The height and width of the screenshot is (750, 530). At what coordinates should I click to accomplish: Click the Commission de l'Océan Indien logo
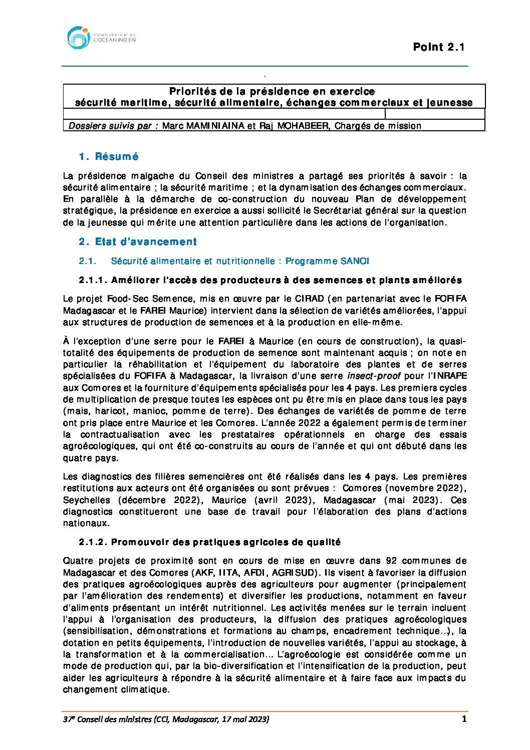(101, 38)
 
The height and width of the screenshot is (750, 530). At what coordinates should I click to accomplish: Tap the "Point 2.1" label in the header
(439, 47)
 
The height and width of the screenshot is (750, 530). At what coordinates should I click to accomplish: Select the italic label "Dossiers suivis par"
(113, 126)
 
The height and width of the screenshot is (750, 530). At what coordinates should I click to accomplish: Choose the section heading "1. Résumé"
(109, 157)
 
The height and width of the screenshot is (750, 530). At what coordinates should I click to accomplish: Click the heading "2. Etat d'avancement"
(138, 242)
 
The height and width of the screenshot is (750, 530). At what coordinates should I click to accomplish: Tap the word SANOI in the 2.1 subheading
(355, 261)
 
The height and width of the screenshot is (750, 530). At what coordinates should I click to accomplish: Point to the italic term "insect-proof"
(374, 376)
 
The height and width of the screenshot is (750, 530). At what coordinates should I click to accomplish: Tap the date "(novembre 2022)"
(426, 488)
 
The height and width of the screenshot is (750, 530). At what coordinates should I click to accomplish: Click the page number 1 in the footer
(464, 719)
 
